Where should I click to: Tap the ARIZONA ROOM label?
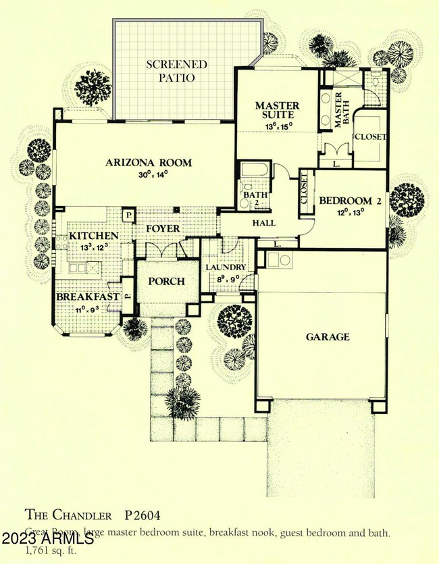149,162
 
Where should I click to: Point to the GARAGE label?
328,336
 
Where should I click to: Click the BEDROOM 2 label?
346,201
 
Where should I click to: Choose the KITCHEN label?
94,236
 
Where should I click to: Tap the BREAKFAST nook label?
88,297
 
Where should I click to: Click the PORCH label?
166,281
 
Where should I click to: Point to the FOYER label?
163,229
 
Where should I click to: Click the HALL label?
263,223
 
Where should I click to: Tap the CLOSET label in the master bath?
370,136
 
